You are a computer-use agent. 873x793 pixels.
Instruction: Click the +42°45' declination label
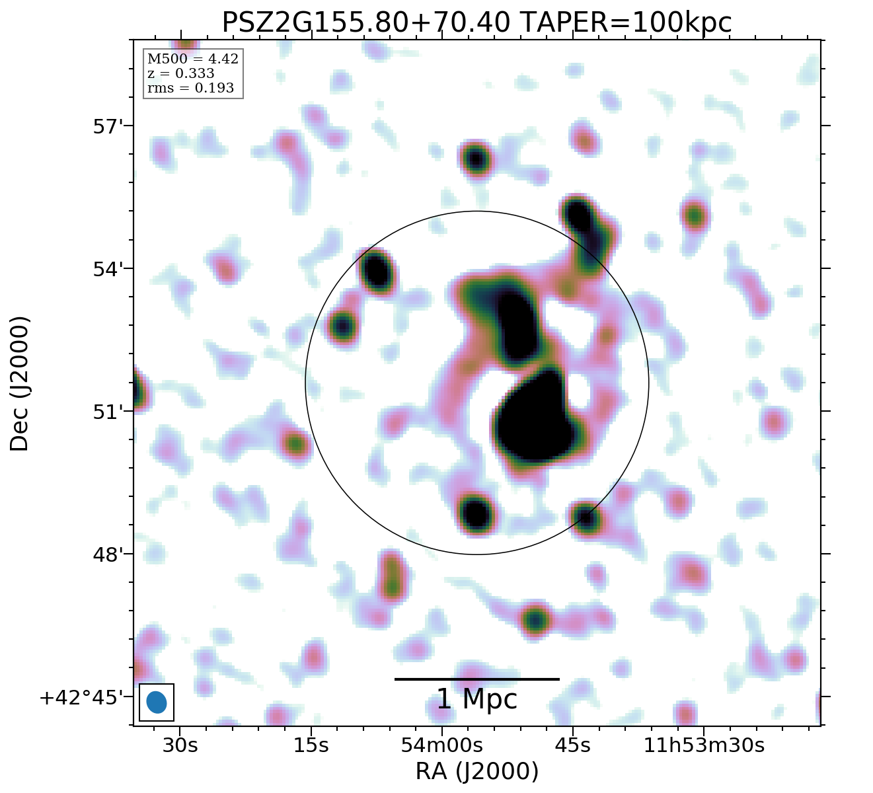pos(81,698)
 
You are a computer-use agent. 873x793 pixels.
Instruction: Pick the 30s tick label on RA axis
pos(180,745)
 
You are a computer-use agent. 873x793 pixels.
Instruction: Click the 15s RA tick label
pos(311,745)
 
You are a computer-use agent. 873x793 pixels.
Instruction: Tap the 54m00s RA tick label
pos(441,745)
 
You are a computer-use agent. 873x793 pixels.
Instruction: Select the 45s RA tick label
pos(572,745)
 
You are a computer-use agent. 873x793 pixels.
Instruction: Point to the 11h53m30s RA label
pos(704,745)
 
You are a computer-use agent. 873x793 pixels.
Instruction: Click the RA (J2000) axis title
pos(476,771)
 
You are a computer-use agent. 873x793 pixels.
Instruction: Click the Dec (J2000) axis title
pos(20,383)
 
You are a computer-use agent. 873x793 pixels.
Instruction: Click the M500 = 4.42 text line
pos(192,59)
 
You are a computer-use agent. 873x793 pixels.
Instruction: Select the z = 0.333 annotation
pos(180,73)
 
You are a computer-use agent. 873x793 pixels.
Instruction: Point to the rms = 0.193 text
pos(190,88)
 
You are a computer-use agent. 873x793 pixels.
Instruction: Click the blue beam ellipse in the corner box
pos(157,702)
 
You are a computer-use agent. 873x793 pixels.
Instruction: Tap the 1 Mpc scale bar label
pos(476,699)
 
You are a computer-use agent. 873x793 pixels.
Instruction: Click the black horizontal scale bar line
pos(476,679)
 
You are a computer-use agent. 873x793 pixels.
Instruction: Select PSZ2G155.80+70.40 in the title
pos(365,23)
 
